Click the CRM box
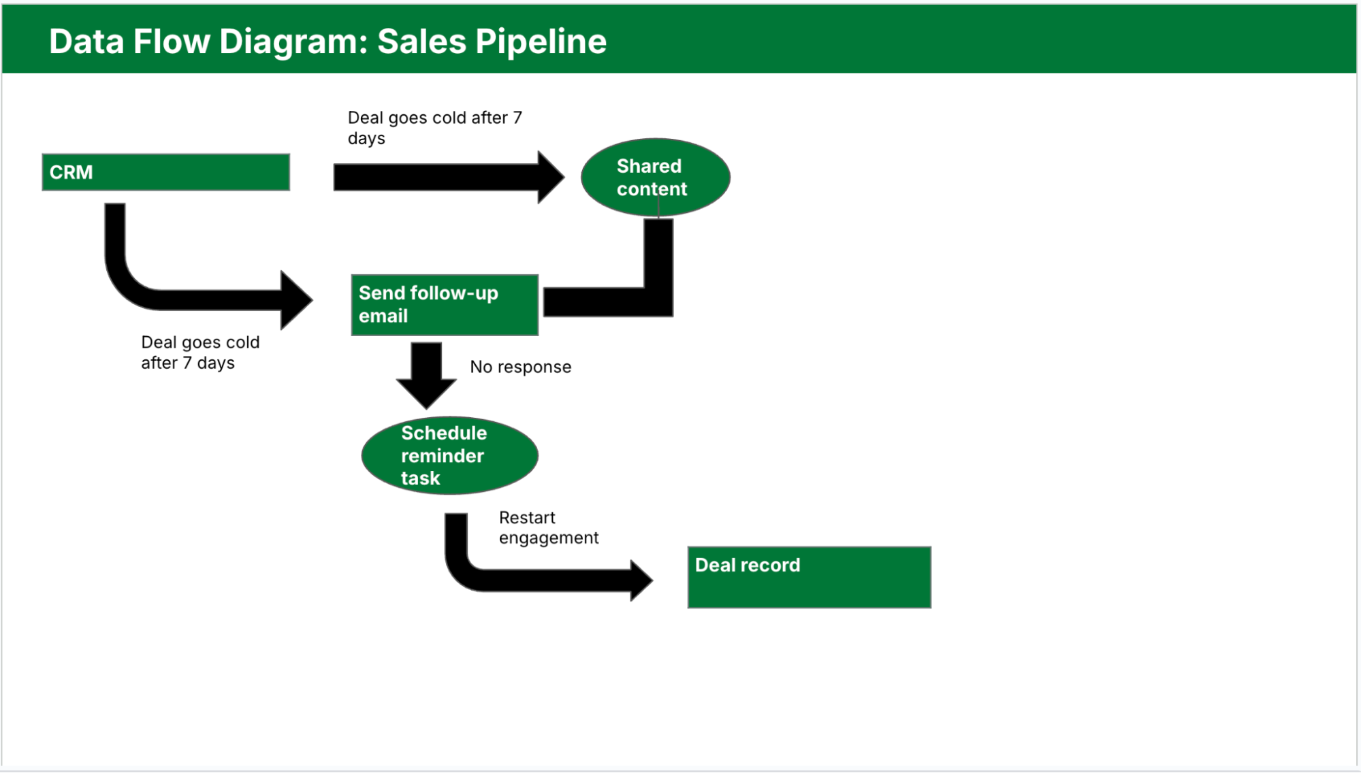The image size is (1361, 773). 165,172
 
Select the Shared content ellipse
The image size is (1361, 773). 655,178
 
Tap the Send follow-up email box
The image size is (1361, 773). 445,305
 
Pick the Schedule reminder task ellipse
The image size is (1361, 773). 449,455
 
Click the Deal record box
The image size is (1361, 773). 809,577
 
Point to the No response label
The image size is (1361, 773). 520,367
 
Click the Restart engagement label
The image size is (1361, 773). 548,527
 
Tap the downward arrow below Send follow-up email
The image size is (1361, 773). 426,374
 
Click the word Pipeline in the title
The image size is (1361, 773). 541,42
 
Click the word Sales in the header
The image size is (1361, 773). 421,42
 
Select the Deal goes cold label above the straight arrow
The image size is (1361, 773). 434,127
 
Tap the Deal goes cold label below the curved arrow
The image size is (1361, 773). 199,352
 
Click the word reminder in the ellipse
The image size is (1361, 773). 442,456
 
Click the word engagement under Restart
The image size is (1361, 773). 548,538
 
